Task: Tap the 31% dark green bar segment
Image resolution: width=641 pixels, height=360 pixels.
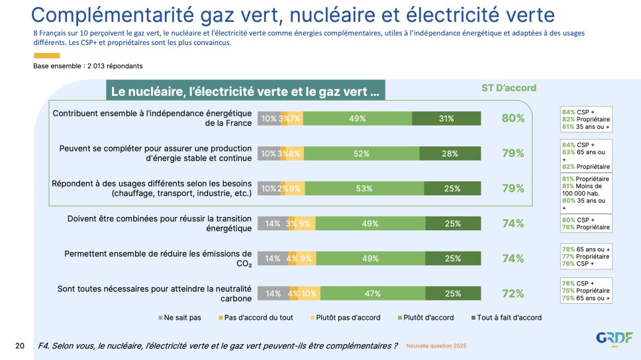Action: tap(446, 118)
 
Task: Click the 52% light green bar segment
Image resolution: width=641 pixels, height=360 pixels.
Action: tap(362, 154)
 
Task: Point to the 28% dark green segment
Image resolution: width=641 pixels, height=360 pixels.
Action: tap(450, 154)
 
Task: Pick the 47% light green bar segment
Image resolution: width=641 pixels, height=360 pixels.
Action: tap(362, 294)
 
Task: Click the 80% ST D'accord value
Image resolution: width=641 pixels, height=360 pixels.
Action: tap(513, 118)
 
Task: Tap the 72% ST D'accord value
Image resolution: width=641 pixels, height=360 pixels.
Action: tap(513, 294)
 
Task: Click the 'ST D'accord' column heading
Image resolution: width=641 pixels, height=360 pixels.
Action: tap(509, 88)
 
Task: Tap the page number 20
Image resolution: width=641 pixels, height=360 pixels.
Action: tap(20, 345)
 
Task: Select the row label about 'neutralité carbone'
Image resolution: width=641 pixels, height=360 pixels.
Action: tap(155, 293)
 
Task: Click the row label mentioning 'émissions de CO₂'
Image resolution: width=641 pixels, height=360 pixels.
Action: tap(158, 258)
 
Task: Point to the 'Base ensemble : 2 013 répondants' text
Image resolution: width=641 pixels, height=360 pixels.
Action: tap(88, 66)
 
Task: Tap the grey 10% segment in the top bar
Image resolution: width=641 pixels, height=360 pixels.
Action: tap(269, 118)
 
